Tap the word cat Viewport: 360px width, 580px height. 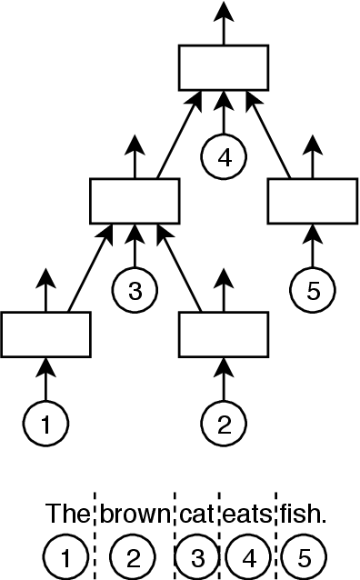point(195,515)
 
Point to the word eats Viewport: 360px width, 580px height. point(246,515)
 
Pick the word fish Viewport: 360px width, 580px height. point(303,515)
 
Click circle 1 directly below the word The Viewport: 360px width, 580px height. point(66,556)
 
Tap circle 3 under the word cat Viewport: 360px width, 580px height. point(195,556)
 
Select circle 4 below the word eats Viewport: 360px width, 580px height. point(246,556)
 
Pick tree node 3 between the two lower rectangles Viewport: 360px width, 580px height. point(135,291)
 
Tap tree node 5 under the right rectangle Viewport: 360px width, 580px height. point(313,291)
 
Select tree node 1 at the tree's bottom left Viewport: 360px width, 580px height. point(45,424)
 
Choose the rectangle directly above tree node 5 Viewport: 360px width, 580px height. point(313,201)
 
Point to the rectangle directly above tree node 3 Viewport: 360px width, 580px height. point(135,201)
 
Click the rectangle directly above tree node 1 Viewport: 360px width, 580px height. point(45,335)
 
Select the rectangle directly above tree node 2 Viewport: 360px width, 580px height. point(224,335)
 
